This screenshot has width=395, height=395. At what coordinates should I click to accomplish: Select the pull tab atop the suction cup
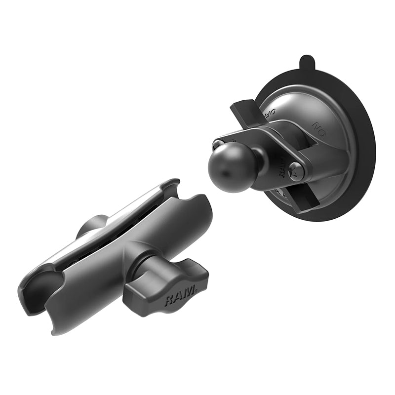(x=306, y=63)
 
